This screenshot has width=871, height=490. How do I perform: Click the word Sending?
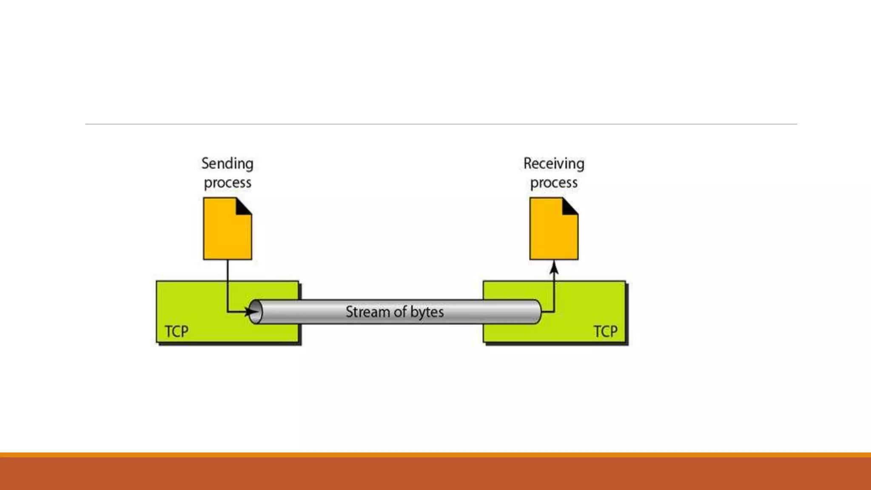[227, 164]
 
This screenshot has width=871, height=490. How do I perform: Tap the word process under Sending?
[227, 183]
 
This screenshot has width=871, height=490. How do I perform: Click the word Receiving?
[554, 164]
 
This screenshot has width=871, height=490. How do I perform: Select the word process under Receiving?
[554, 183]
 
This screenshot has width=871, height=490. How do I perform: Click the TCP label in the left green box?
[176, 331]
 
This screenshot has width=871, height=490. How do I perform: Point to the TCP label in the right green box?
[605, 331]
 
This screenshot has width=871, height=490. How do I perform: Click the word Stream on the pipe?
[367, 312]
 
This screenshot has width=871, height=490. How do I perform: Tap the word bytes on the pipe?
[427, 312]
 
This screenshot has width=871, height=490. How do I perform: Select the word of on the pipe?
[400, 312]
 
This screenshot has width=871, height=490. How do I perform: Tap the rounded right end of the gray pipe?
[537, 312]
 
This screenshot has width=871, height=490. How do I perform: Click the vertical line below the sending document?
[227, 281]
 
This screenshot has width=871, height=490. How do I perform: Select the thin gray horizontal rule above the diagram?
[441, 124]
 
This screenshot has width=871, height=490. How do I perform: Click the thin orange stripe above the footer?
[435, 455]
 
